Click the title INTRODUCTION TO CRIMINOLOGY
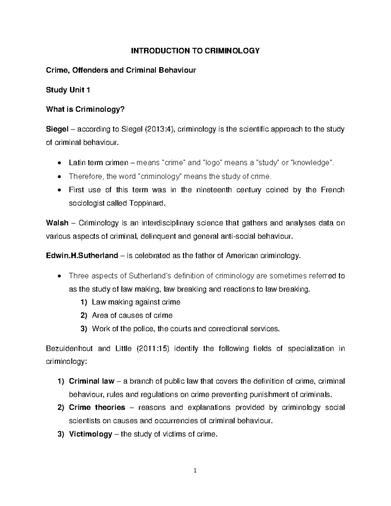point(195,51)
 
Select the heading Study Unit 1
point(68,90)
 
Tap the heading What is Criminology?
point(86,109)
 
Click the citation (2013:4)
point(155,129)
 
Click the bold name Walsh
point(57,223)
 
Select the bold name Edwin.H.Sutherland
point(82,256)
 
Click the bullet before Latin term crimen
point(59,163)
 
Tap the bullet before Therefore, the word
point(59,177)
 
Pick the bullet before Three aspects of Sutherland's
point(59,276)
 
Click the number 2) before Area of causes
point(84,315)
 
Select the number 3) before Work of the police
point(84,329)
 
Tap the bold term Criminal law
point(92,381)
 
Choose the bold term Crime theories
point(97,408)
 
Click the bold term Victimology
point(91,434)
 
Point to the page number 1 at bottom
point(195,470)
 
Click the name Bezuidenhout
point(69,349)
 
